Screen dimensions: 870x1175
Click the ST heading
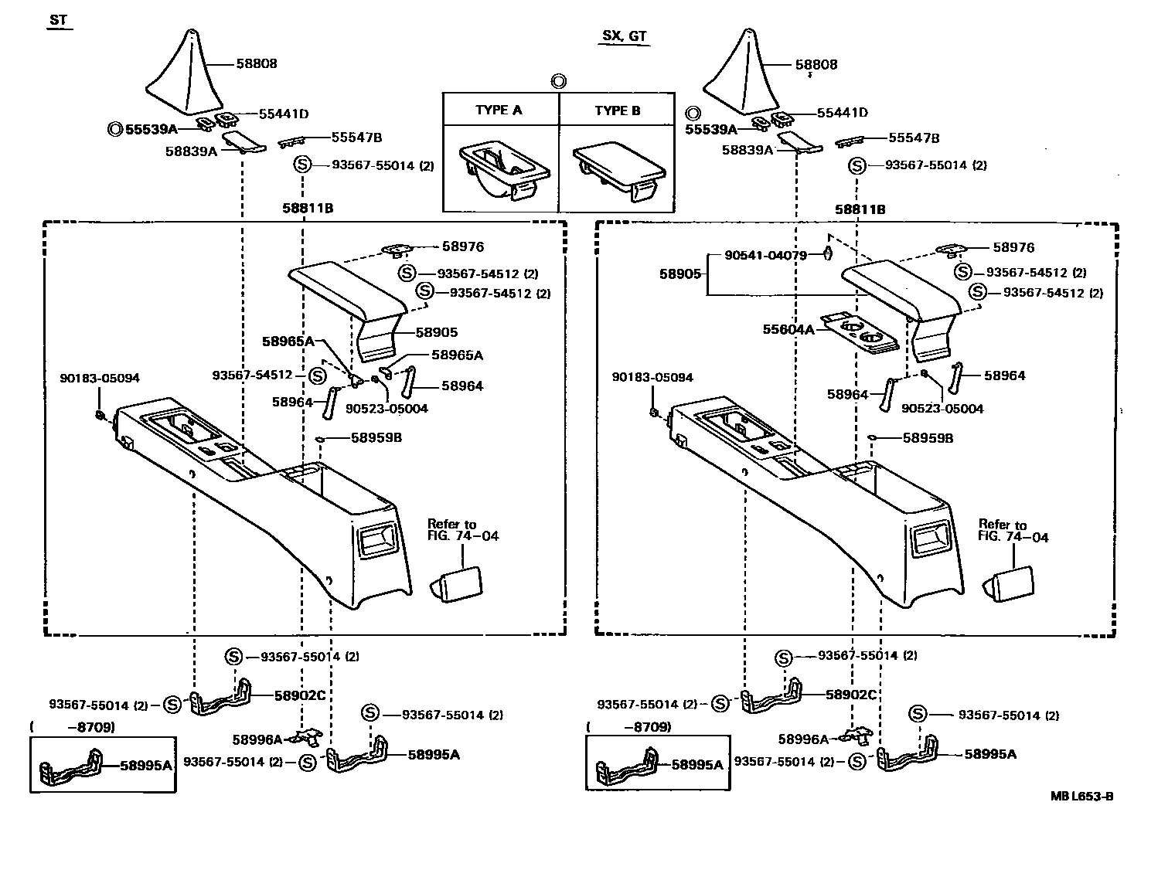point(58,21)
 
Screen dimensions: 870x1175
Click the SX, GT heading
point(625,36)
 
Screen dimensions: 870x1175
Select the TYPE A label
point(499,110)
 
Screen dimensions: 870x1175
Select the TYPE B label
point(617,110)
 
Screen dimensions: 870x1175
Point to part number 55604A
point(788,330)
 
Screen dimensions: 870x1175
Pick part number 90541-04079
point(765,255)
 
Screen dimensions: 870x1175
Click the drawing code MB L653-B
point(1081,797)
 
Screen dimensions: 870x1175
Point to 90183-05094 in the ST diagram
point(100,379)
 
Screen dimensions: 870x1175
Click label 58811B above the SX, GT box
point(860,209)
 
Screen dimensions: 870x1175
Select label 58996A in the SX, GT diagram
point(803,739)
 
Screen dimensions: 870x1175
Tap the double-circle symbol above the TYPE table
point(559,80)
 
